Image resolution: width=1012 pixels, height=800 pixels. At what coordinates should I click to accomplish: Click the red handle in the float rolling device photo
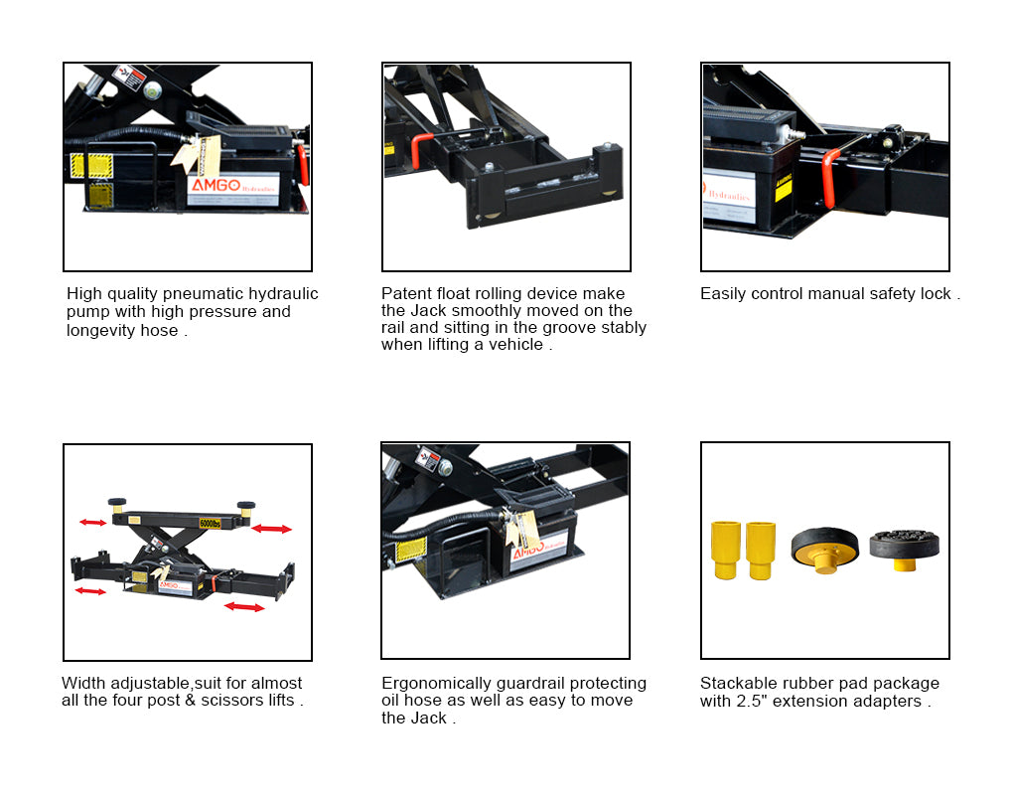click(420, 151)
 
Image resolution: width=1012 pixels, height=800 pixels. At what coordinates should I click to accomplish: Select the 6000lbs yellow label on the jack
click(209, 521)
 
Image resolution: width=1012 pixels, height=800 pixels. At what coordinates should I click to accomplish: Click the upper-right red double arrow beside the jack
click(271, 529)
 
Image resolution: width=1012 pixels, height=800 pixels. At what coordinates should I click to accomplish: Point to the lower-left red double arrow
click(90, 591)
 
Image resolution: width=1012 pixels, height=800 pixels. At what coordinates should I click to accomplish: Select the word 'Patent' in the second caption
click(406, 294)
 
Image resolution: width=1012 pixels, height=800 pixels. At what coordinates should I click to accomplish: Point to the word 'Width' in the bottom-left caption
click(83, 684)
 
